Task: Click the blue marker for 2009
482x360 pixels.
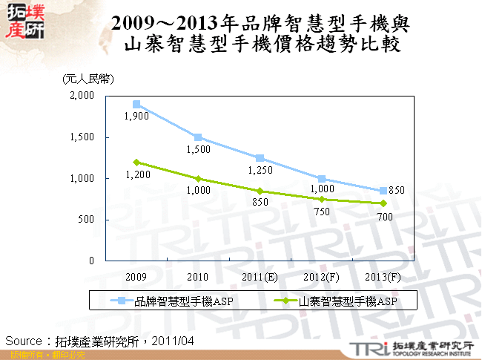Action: [136, 104]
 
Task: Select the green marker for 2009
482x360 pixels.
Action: [136, 162]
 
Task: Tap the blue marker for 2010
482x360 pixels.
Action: [198, 137]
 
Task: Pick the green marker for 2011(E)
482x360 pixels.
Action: [260, 191]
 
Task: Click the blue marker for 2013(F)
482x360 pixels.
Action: [383, 191]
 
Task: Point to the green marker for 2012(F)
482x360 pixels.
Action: [322, 199]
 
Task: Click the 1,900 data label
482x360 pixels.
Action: [136, 117]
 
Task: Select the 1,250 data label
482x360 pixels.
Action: [260, 170]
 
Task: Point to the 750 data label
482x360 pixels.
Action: [321, 212]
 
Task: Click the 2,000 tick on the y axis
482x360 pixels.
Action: [82, 96]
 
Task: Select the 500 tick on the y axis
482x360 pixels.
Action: [85, 220]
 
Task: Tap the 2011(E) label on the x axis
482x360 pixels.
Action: [260, 276]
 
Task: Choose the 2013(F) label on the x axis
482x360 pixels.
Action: [383, 276]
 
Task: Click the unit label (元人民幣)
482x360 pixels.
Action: [88, 78]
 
